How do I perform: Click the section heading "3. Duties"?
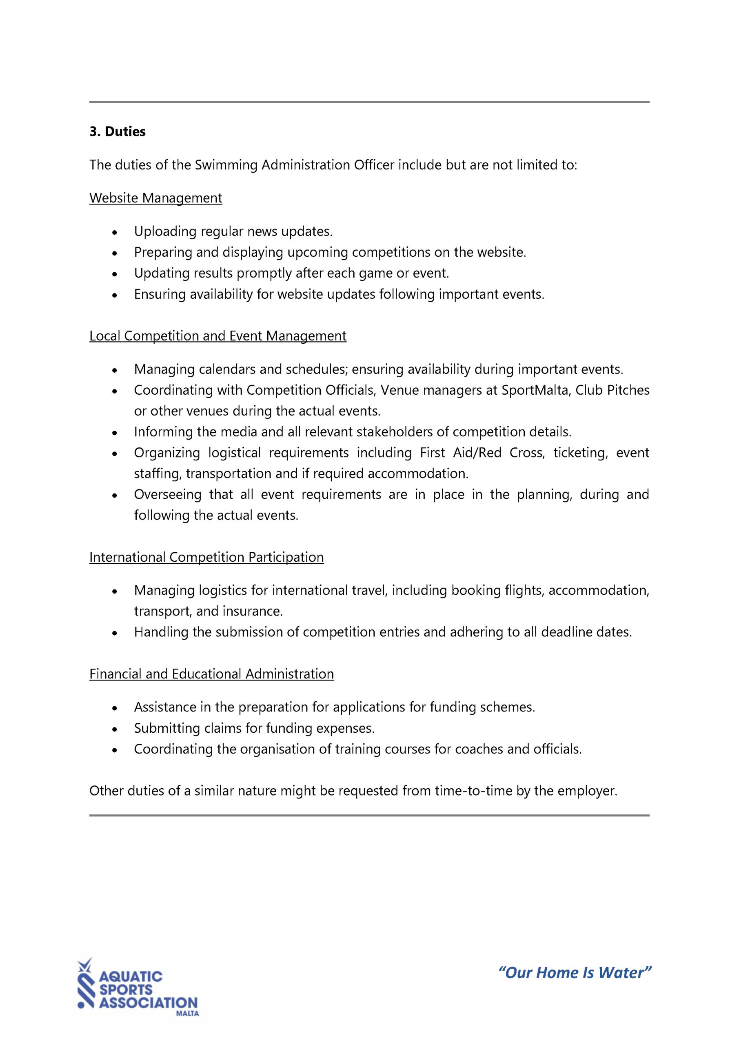pos(118,131)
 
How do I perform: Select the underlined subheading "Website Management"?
pos(155,198)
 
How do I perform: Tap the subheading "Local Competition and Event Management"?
pos(217,336)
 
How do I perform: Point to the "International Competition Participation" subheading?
pos(206,557)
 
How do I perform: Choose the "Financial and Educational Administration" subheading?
pos(212,674)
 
